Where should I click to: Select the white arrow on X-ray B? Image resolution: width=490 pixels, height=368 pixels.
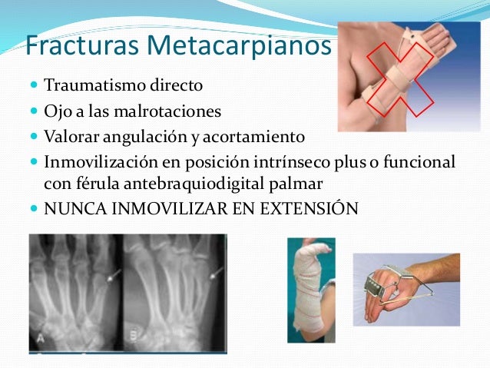216,271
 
